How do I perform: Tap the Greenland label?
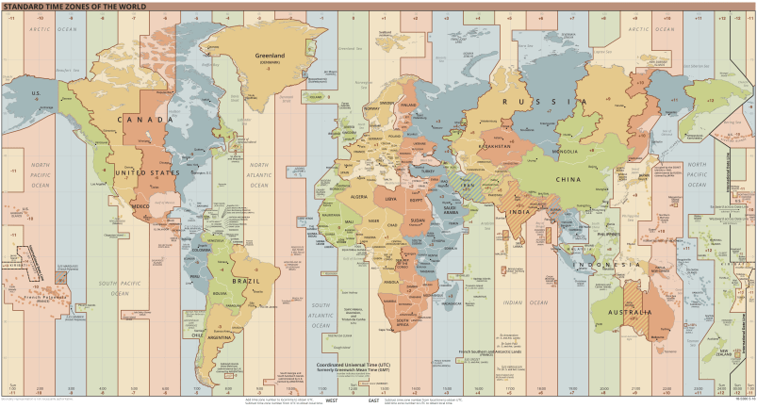[271, 56]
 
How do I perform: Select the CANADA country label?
[148, 120]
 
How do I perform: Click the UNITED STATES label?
[146, 173]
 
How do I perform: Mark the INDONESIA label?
[617, 265]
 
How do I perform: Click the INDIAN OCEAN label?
[524, 302]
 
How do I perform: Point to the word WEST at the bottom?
[332, 400]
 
